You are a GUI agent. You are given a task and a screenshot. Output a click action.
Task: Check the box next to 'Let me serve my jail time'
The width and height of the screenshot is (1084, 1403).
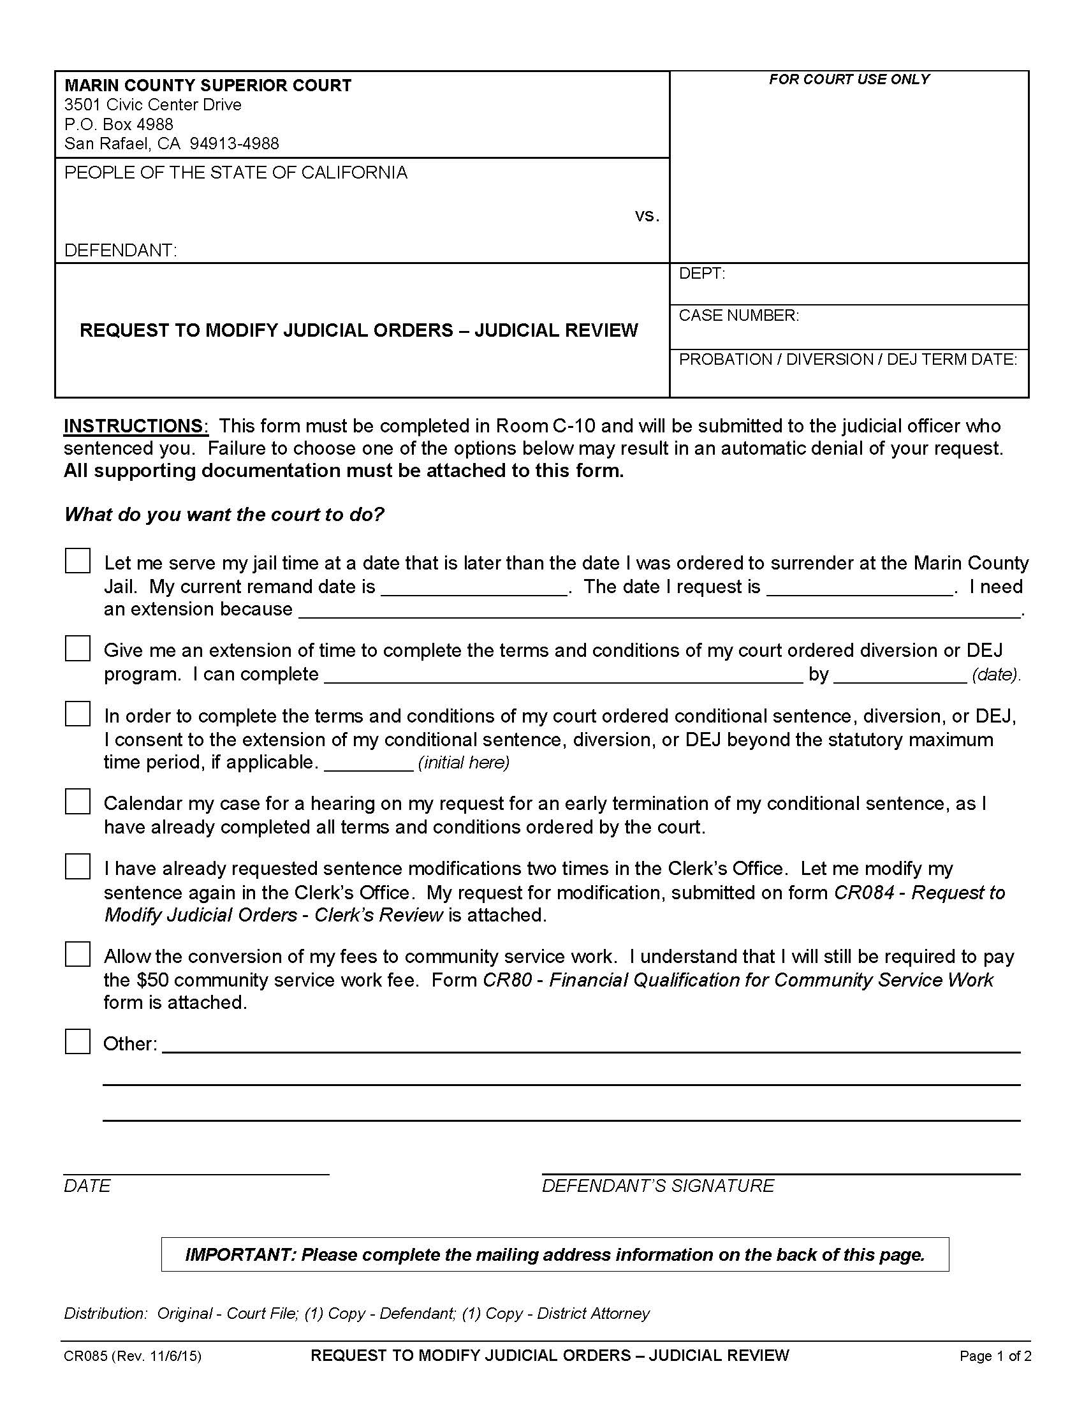pyautogui.click(x=78, y=561)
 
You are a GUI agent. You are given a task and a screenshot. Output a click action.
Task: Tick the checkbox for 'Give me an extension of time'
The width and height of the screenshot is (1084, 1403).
pyautogui.click(x=78, y=649)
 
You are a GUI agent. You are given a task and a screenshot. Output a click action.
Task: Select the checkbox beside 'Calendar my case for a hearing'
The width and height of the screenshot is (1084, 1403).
pyautogui.click(x=78, y=802)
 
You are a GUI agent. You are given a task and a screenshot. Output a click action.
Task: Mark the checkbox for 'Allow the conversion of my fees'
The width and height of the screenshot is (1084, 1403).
pyautogui.click(x=78, y=955)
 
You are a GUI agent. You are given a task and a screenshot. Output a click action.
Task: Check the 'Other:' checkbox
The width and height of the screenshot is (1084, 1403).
pyautogui.click(x=78, y=1042)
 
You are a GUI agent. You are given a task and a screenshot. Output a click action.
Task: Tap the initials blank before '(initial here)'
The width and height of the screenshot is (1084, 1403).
pyautogui.click(x=369, y=765)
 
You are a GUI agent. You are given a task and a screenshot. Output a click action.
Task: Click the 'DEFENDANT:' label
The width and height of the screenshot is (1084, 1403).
pyautogui.click(x=120, y=250)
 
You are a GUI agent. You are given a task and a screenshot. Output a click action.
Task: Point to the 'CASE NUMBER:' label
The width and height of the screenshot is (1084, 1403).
pyautogui.click(x=738, y=316)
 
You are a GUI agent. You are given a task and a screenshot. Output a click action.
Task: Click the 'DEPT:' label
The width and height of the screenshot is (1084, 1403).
pyautogui.click(x=701, y=274)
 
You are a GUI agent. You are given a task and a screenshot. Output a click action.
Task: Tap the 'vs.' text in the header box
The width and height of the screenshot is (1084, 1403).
pyautogui.click(x=647, y=216)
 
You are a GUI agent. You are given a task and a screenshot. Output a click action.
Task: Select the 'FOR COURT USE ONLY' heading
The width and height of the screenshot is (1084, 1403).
pyautogui.click(x=849, y=79)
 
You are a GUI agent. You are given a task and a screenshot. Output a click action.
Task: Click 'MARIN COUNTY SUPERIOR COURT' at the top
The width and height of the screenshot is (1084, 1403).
pyautogui.click(x=207, y=85)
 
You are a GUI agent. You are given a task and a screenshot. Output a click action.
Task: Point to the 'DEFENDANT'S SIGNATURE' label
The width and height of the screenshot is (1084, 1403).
pyautogui.click(x=657, y=1186)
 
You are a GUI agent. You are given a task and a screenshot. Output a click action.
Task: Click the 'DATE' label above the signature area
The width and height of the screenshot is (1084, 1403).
pyautogui.click(x=87, y=1186)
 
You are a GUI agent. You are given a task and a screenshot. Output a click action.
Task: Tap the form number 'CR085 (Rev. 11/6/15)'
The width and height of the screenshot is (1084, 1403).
pyautogui.click(x=132, y=1356)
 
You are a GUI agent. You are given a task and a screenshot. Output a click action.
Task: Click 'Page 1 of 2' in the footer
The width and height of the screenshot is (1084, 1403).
pyautogui.click(x=995, y=1356)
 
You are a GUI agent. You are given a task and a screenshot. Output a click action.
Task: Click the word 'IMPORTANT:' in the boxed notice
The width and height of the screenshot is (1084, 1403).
pyautogui.click(x=239, y=1254)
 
